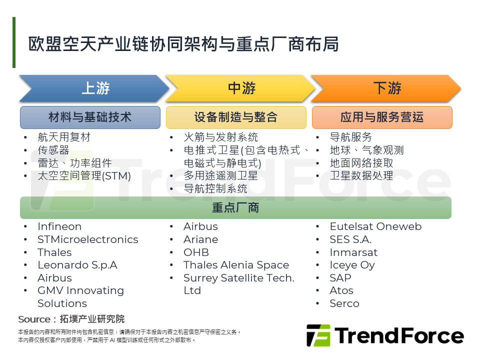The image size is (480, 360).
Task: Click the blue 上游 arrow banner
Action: pyautogui.click(x=94, y=88)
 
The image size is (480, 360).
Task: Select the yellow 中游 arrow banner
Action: pyautogui.click(x=240, y=88)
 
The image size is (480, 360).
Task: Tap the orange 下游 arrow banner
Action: pyautogui.click(x=386, y=88)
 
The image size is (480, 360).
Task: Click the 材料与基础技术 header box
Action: pyautogui.click(x=90, y=117)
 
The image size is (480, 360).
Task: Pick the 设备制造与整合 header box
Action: pyautogui.click(x=236, y=117)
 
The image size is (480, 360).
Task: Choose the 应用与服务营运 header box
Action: pyautogui.click(x=382, y=117)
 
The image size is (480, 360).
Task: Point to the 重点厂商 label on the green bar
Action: pyautogui.click(x=235, y=208)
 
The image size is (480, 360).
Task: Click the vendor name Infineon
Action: pyautogui.click(x=59, y=226)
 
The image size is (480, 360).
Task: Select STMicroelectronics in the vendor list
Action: pyautogui.click(x=88, y=239)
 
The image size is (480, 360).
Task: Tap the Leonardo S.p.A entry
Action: pyautogui.click(x=77, y=265)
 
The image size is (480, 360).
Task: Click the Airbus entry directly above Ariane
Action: pyautogui.click(x=200, y=226)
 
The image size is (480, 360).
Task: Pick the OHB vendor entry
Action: pyautogui.click(x=196, y=252)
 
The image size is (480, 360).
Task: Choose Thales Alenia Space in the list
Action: pyautogui.click(x=236, y=265)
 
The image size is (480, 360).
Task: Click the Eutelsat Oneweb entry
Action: pyautogui.click(x=375, y=226)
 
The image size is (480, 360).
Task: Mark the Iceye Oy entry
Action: pyautogui.click(x=352, y=265)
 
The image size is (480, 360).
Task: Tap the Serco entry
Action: pyautogui.click(x=344, y=303)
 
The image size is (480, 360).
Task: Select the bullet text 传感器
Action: pyautogui.click(x=53, y=150)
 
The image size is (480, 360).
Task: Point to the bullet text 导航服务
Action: pyautogui.click(x=351, y=137)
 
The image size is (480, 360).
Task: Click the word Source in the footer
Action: pyautogui.click(x=34, y=319)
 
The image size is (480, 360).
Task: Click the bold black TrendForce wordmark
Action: pyautogui.click(x=399, y=336)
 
